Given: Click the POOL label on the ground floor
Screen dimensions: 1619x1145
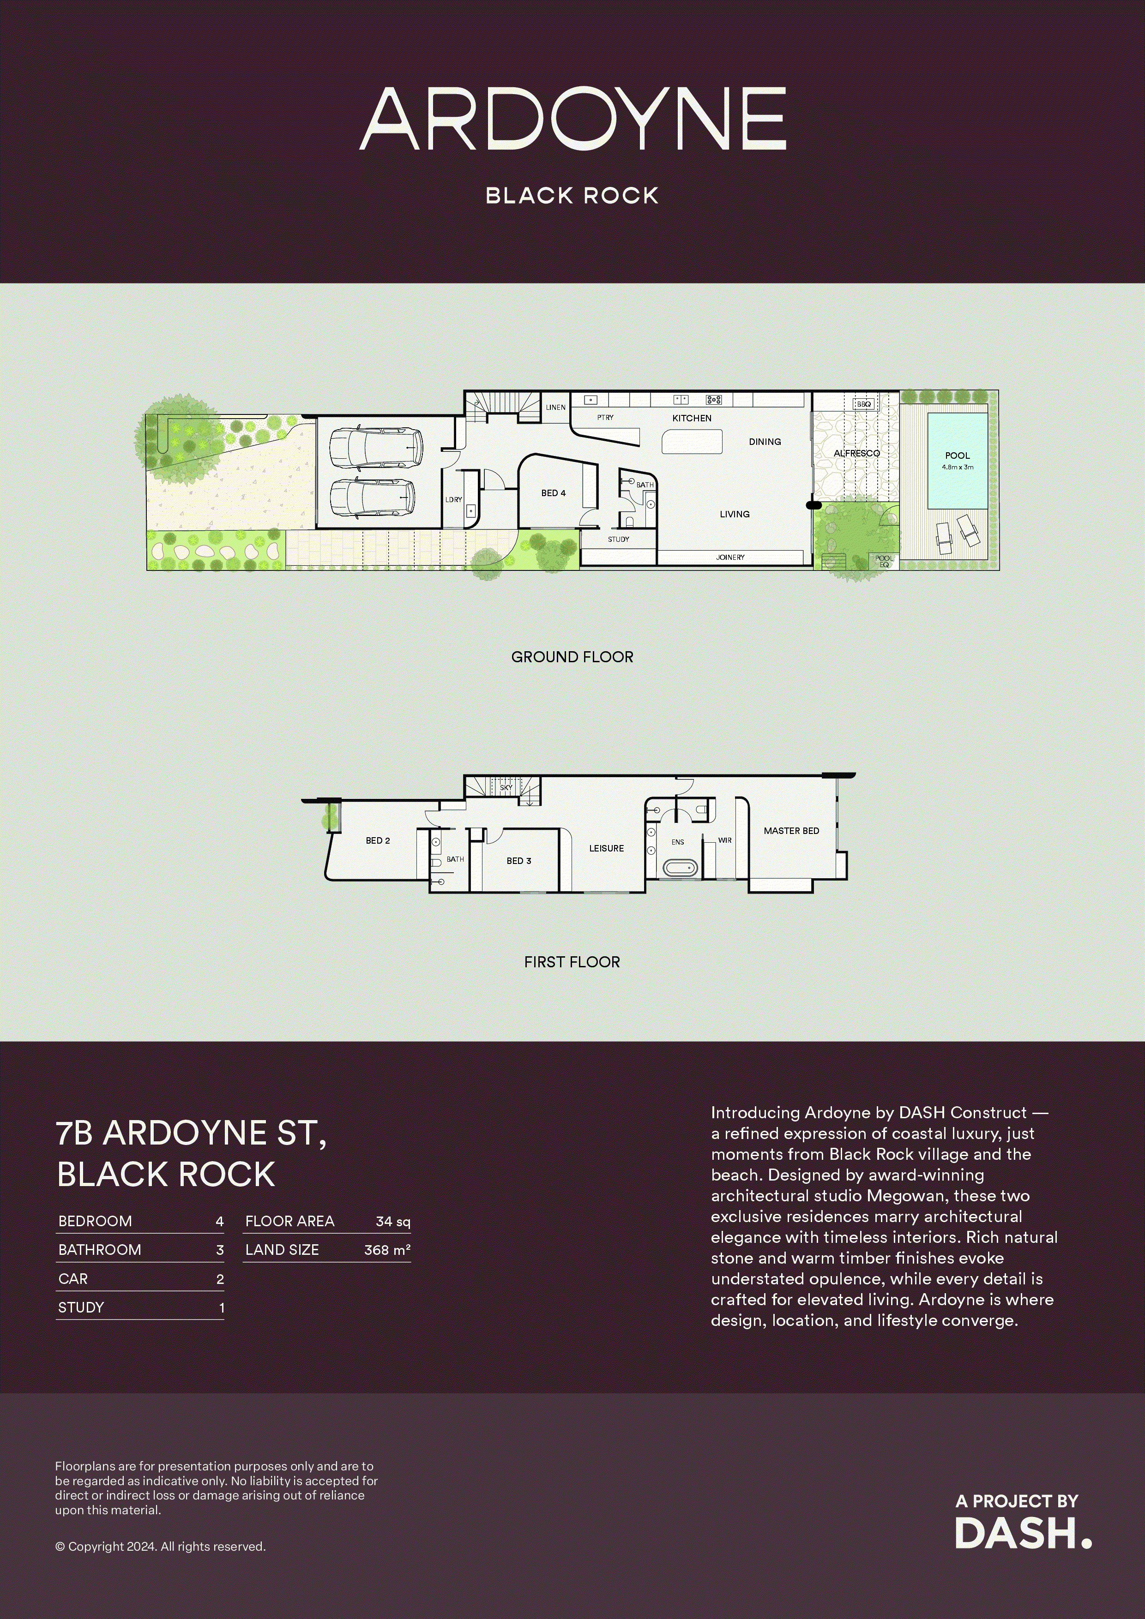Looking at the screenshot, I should tap(958, 456).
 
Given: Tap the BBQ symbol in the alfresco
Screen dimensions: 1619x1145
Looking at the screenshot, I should tap(863, 404).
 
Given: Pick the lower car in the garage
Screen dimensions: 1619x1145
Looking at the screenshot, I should tap(372, 498).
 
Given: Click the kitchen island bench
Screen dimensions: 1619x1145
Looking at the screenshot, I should tap(692, 442).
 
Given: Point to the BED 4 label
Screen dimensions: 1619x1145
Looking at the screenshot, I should tap(553, 493).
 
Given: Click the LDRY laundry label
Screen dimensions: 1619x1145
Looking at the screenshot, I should tap(454, 499).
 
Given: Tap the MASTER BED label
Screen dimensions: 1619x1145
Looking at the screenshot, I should tap(791, 831).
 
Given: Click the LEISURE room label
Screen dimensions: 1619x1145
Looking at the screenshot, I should tap(606, 848).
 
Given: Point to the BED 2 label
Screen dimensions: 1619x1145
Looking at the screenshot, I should tap(377, 840).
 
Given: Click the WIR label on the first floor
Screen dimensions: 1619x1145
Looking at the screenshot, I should tap(724, 840).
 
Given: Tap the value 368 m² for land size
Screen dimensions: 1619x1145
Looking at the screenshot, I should tap(386, 1249).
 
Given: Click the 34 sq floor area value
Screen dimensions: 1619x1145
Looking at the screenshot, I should tap(393, 1221).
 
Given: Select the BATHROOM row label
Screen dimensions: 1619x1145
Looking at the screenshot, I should tap(99, 1249).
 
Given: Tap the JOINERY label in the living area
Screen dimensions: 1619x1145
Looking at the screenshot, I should tap(730, 557).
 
